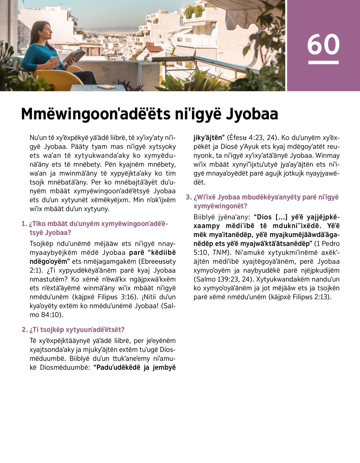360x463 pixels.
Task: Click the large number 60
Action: coord(323,44)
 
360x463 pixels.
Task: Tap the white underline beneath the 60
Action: coord(323,63)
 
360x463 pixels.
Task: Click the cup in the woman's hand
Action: coord(55,59)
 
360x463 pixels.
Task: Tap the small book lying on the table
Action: coord(107,87)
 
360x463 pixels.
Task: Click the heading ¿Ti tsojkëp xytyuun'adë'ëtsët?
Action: coord(77,330)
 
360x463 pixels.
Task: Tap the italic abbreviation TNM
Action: coord(220,253)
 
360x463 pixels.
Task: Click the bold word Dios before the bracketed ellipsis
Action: coord(264,217)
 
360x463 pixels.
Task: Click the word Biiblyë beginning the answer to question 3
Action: coord(202,217)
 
